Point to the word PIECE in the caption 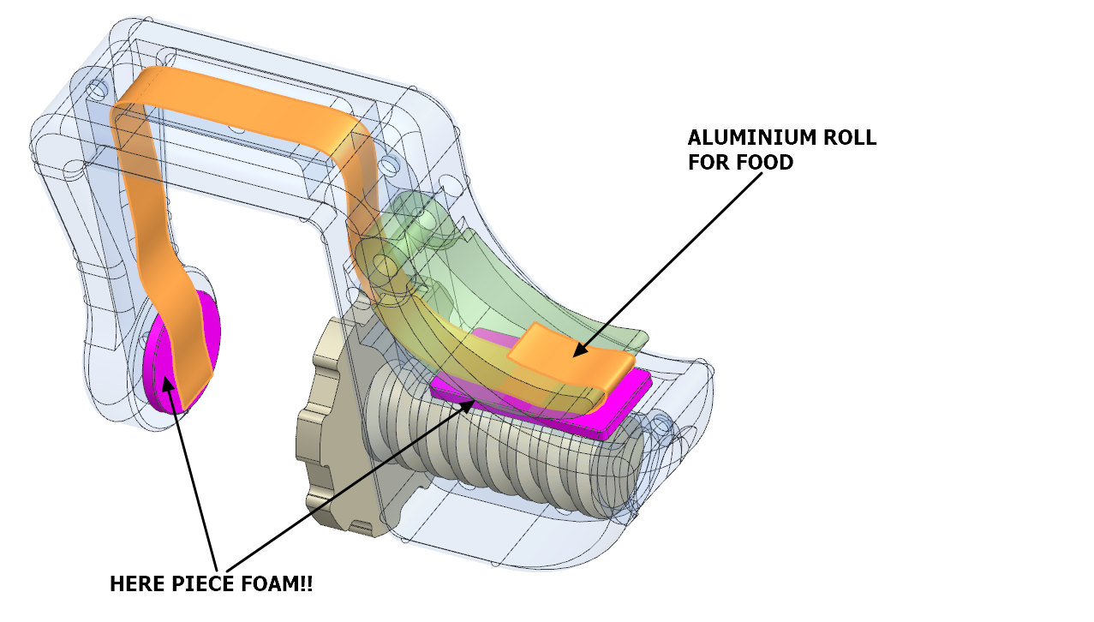click(206, 584)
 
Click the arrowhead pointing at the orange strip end click(580, 350)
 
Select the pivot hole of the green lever click(383, 267)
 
